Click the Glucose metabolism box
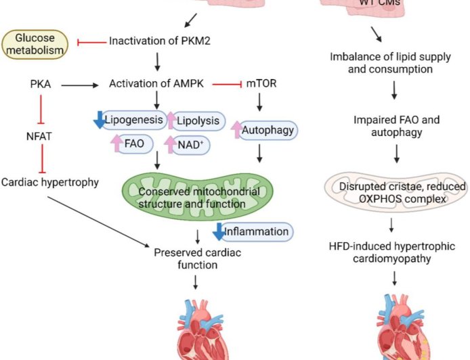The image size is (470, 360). click(x=35, y=43)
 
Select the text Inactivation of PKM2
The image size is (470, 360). click(x=159, y=41)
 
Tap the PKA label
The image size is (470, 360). click(x=41, y=85)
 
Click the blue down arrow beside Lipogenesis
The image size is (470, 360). click(x=100, y=120)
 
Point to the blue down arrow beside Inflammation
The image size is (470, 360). click(x=217, y=232)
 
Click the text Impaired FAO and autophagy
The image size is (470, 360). click(x=396, y=126)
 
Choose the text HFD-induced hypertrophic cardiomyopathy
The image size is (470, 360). click(x=396, y=252)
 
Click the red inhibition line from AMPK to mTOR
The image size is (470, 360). click(x=227, y=85)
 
